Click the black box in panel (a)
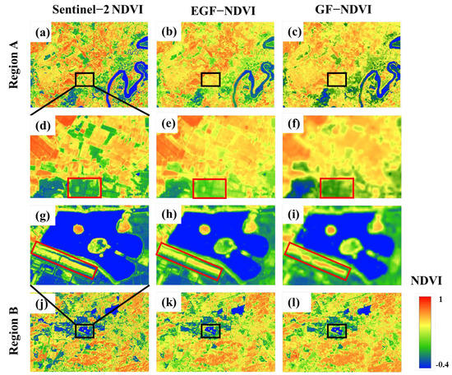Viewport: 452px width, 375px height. [85, 79]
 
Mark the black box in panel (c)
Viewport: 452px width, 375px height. [337, 79]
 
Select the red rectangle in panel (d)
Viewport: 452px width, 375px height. [84, 187]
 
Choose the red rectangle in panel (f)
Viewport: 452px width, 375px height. [336, 187]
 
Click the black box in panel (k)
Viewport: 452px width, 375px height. [211, 331]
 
